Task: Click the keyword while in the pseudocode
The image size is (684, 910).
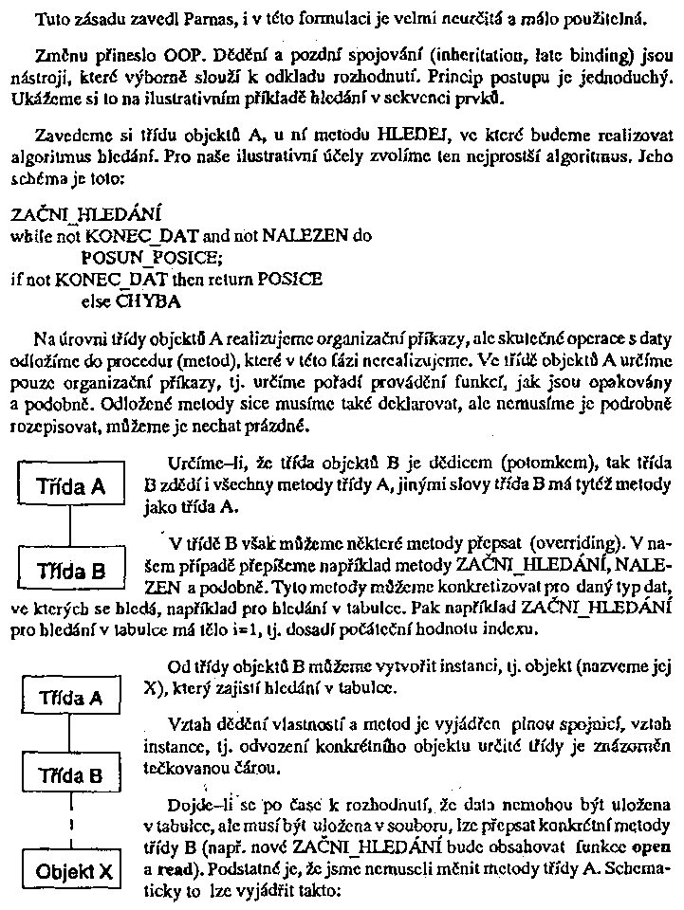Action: (x=29, y=236)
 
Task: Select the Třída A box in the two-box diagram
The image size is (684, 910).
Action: (x=71, y=488)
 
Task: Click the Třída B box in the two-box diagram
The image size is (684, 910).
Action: (x=71, y=571)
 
